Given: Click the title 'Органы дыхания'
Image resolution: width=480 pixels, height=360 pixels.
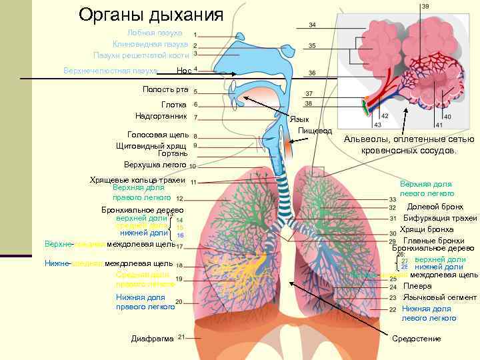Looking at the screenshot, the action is (151, 14).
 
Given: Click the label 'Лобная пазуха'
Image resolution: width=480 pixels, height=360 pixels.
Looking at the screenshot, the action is (154, 33).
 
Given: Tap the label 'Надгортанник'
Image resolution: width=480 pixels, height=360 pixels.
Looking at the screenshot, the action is (161, 116).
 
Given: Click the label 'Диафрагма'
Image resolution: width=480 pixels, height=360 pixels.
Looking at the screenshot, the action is (153, 339).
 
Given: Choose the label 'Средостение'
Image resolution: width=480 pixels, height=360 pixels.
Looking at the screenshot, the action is (417, 339).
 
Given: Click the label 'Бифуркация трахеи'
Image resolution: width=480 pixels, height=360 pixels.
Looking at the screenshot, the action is (440, 218).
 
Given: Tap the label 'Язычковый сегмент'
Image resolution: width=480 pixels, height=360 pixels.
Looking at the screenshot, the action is (439, 297).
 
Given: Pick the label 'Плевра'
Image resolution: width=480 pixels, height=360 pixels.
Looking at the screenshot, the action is (417, 286).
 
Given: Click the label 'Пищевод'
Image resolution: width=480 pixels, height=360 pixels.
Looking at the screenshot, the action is (315, 130).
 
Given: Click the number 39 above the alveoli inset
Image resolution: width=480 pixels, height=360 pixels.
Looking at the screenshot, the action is (425, 6).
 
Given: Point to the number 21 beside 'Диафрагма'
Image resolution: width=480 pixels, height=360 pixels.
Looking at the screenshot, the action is (181, 337).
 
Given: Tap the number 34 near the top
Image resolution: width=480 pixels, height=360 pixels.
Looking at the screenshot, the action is (312, 25).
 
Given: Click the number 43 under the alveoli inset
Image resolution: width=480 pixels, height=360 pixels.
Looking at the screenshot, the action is (377, 125).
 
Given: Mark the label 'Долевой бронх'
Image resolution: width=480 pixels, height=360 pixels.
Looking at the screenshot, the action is (435, 207).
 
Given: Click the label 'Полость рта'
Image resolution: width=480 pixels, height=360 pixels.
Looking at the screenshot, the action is (166, 89).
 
